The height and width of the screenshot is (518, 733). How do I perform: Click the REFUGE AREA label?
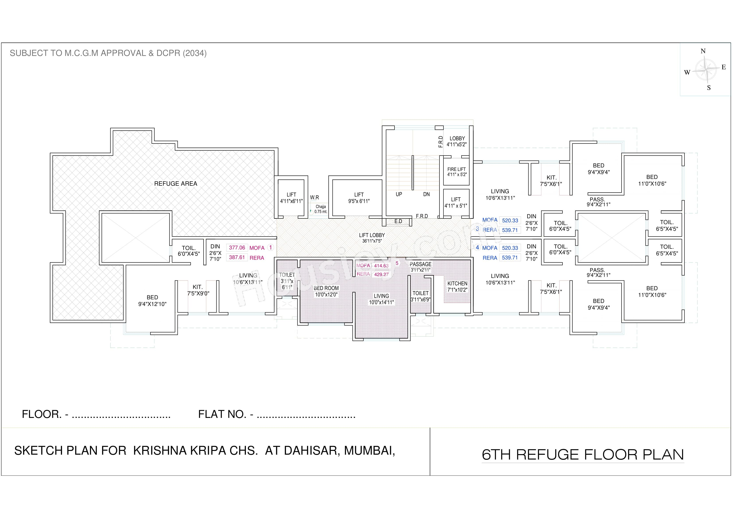[176, 184]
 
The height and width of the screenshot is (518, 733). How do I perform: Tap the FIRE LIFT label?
[457, 169]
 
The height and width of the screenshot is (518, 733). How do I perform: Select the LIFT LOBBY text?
[372, 235]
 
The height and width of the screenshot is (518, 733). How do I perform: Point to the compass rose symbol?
[705, 69]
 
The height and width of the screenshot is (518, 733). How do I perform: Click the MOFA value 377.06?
[237, 248]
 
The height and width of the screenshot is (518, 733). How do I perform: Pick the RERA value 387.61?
[237, 257]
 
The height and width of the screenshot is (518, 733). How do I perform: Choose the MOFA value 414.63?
[381, 266]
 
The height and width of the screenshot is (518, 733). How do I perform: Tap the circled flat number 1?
[270, 247]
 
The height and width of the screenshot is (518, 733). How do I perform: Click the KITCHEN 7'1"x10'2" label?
[457, 287]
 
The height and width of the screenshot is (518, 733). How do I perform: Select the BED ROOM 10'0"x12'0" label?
[326, 291]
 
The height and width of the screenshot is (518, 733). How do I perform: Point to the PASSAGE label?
[420, 264]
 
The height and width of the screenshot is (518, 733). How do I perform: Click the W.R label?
[315, 198]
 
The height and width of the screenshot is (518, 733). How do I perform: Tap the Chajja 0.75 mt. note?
[321, 209]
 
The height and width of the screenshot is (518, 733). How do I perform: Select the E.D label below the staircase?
[398, 221]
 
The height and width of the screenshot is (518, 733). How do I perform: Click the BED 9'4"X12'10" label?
[152, 301]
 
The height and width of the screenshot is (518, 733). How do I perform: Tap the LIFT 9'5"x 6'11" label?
[359, 198]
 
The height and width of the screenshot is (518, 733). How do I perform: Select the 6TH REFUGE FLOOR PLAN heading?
[583, 454]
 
